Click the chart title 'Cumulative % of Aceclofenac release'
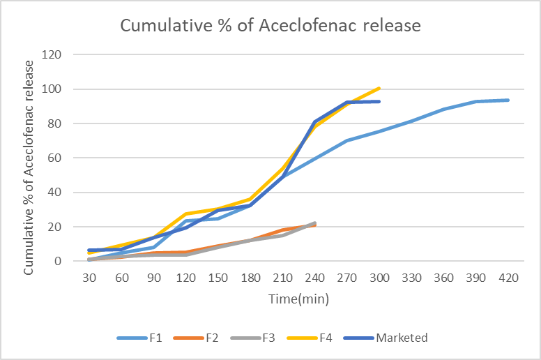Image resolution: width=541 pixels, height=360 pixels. click(x=270, y=26)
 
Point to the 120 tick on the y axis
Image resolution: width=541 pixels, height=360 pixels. click(x=53, y=55)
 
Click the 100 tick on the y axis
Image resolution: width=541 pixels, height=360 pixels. click(x=53, y=89)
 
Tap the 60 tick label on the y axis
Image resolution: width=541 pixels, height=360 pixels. click(x=56, y=158)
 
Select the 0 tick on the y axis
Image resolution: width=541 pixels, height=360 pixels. click(x=59, y=261)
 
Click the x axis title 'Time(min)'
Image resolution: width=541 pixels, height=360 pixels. click(x=299, y=299)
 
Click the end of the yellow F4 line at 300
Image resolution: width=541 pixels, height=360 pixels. click(x=379, y=88)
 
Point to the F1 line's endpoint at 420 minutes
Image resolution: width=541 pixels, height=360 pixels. click(x=508, y=100)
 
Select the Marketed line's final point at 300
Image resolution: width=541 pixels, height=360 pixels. click(x=379, y=101)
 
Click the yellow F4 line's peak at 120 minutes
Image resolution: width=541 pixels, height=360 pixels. click(x=186, y=213)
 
